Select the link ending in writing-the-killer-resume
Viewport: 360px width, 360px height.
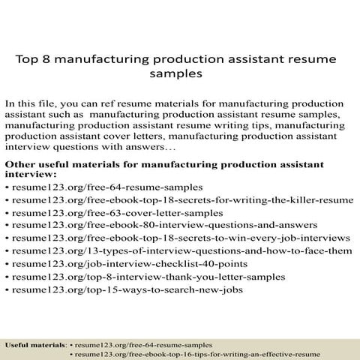coord(182,199)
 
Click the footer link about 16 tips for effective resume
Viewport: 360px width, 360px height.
coord(197,352)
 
